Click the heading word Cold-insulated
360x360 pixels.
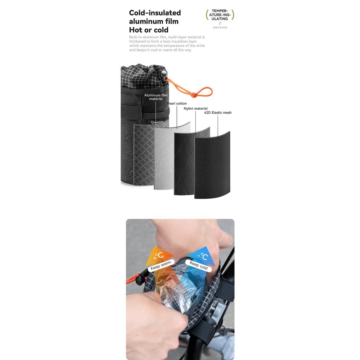155,13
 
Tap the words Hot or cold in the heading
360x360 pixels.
149,30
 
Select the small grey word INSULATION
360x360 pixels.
220,27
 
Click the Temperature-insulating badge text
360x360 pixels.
220,15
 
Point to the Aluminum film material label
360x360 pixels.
156,97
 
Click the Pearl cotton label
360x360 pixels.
177,104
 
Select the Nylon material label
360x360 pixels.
195,108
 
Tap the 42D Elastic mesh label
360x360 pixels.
218,112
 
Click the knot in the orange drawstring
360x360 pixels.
194,94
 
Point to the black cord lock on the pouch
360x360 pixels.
164,76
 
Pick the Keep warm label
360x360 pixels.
161,265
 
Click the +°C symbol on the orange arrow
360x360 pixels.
158,256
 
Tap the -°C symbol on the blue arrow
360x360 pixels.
203,256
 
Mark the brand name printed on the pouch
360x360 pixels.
157,122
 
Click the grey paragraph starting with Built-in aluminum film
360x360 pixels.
167,43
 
